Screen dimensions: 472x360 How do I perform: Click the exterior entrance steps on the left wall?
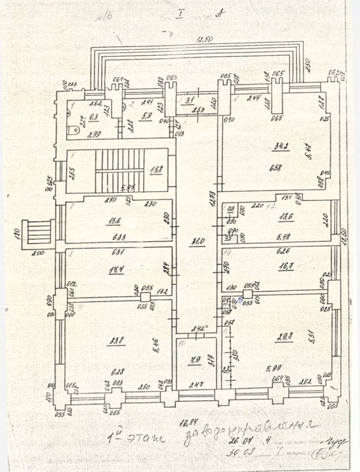(x=40, y=232)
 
